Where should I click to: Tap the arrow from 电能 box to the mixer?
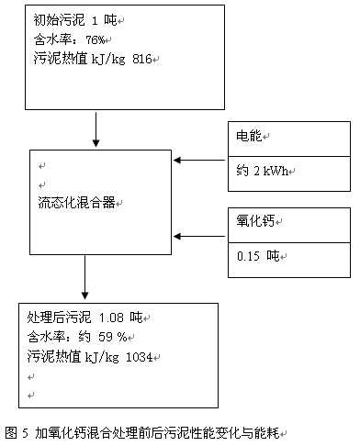point(200,160)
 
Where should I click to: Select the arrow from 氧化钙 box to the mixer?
point(200,237)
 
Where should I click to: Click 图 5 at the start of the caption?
point(17,430)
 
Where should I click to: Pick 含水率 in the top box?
point(48,39)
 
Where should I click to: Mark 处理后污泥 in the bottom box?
point(60,317)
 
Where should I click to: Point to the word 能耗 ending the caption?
point(268,430)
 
